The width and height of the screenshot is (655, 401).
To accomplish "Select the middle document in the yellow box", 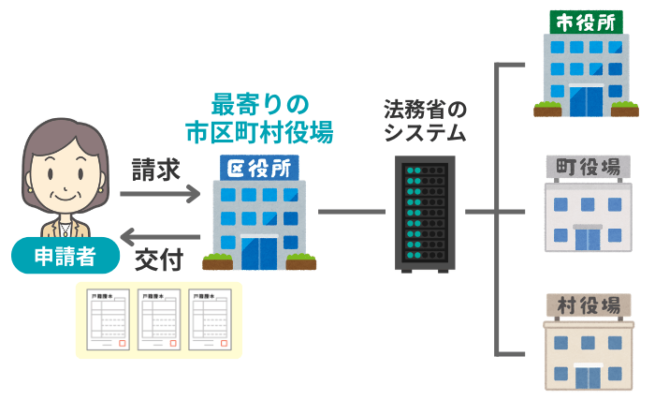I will (158, 319).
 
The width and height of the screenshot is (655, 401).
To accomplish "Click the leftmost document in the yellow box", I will (108, 319).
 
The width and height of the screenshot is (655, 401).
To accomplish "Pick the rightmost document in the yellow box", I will (210, 319).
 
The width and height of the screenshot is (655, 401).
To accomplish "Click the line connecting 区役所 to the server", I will (353, 212).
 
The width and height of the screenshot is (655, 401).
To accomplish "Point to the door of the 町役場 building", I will (588, 238).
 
